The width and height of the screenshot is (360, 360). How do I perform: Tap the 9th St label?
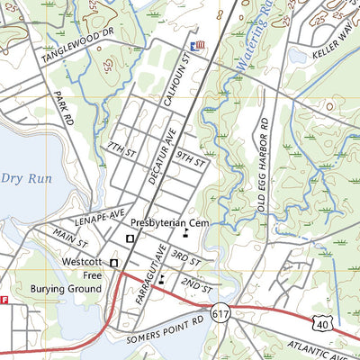(191, 160)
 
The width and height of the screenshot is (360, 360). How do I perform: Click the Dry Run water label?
(26, 178)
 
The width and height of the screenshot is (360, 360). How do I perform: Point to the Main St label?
(70, 238)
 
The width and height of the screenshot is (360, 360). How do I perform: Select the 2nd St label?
(195, 287)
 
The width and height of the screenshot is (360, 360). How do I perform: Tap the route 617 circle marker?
(221, 314)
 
